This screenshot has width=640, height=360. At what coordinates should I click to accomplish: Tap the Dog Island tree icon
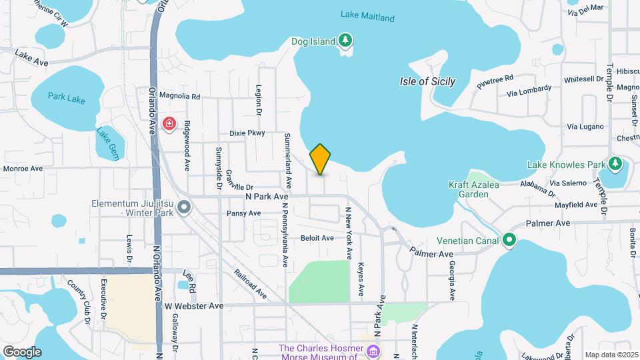click(x=345, y=41)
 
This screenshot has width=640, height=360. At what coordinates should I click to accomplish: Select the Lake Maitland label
click(x=367, y=17)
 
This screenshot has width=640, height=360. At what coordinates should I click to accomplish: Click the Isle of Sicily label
click(x=427, y=81)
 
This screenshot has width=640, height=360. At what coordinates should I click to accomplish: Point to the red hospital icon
click(x=169, y=123)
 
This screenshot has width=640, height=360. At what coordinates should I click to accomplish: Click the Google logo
click(x=22, y=351)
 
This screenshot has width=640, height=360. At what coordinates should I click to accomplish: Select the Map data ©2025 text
click(x=611, y=355)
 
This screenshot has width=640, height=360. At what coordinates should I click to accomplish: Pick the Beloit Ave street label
click(x=317, y=238)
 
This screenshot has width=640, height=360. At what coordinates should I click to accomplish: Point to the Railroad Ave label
click(x=250, y=283)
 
